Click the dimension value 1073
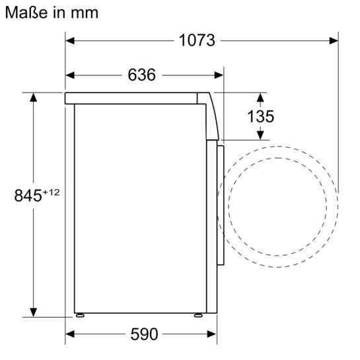(198, 40)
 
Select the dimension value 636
(141, 75)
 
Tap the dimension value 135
(260, 116)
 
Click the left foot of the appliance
(81, 315)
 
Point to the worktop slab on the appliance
(132, 98)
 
